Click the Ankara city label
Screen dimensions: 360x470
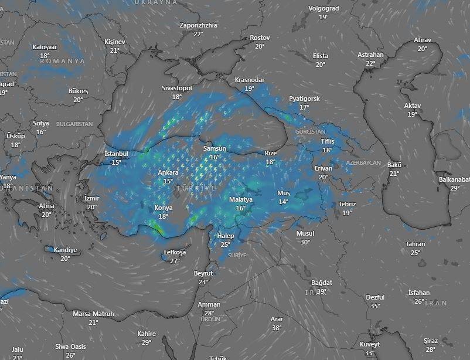click(x=168, y=173)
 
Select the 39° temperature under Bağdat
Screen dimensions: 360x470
click(x=321, y=291)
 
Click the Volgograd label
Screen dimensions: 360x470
click(x=323, y=9)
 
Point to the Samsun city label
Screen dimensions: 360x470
click(x=214, y=149)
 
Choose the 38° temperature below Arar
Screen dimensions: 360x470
click(x=277, y=328)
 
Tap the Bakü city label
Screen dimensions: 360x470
click(x=394, y=165)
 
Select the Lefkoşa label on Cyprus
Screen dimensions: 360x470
click(x=175, y=253)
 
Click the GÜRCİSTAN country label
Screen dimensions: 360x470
click(x=311, y=133)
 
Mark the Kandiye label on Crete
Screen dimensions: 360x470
click(x=65, y=250)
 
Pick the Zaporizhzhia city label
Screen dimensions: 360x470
click(x=198, y=26)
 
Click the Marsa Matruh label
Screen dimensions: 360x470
click(x=93, y=314)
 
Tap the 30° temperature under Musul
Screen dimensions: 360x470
click(x=305, y=242)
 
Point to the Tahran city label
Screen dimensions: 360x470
click(x=415, y=244)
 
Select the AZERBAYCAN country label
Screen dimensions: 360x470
click(x=363, y=162)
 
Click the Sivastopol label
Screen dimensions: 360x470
click(x=177, y=88)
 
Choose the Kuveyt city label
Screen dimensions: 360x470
click(x=369, y=345)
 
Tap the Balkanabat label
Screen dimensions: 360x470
click(x=454, y=179)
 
